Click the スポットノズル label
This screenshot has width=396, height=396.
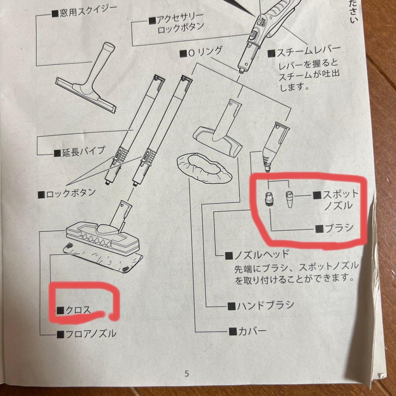(x=335, y=199)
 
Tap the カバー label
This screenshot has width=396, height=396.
(x=247, y=331)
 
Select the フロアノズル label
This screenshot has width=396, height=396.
(x=87, y=333)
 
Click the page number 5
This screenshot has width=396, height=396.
(x=187, y=374)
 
